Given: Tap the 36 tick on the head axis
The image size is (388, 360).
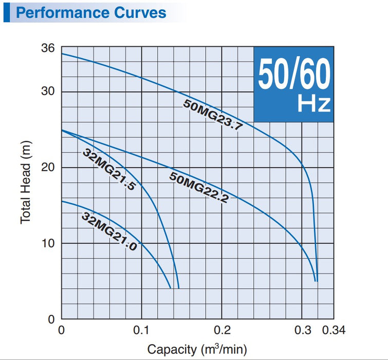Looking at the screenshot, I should point(48,49).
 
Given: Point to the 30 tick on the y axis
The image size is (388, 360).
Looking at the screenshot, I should point(48,92).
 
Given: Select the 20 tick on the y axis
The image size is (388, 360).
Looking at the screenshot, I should point(48,168).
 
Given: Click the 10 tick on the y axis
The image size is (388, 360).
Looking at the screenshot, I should point(48,243).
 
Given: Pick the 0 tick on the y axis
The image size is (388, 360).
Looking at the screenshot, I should point(51,319).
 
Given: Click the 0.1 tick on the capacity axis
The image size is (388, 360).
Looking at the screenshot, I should point(141,330).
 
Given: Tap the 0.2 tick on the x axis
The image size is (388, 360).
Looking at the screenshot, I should point(221,330).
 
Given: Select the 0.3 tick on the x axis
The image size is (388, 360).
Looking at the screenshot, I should point(302,330).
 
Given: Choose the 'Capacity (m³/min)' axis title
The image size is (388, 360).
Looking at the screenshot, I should point(197,349).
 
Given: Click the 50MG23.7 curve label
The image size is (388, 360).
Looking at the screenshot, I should point(212,115).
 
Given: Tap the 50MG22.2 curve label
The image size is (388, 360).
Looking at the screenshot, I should point(199,188).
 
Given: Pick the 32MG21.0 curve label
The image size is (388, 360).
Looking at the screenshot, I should point(109,231).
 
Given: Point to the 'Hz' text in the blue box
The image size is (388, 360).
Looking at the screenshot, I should point(313,104).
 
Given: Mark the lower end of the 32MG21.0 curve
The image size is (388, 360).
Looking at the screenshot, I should point(171,288).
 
